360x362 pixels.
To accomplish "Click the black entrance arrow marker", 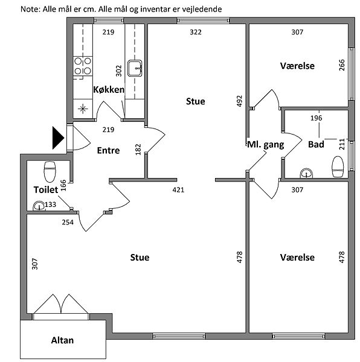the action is pos(58,138).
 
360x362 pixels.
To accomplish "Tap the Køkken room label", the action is pos(109,89).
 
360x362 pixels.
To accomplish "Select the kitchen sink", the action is pos(135,68).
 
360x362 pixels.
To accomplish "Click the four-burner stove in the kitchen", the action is pos(83,66).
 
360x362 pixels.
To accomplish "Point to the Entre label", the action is pos(108,150).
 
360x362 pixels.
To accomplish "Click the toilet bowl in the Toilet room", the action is pos(50,172).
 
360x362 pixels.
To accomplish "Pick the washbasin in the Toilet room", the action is pos(39,206).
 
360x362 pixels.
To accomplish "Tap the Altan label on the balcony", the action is pos(62,340).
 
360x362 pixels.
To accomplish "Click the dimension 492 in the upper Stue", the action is pos(239,101).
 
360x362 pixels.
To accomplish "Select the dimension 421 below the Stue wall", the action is pos(178,190).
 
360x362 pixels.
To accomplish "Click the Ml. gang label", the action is pos(266,145).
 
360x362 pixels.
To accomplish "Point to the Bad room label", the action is pos(316,145).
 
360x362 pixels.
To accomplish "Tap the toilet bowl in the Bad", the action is pos(338,167).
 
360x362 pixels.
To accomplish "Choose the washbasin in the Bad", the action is pos(306,173).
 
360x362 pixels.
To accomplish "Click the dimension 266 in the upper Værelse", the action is pos(342,65).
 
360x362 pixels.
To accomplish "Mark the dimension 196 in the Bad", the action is pos(316,118).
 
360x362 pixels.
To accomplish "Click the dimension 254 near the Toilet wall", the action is pos(68,222).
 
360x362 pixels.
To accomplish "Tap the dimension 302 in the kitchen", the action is pos(118,71).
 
